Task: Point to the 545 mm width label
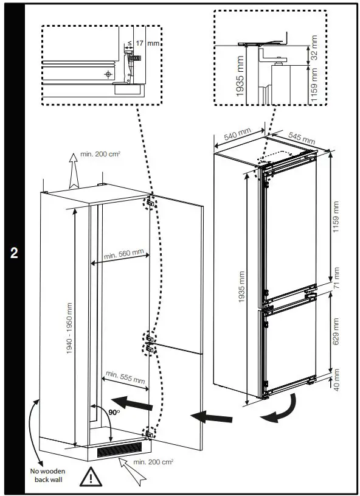pyautogui.click(x=300, y=138)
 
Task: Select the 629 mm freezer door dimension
pyautogui.click(x=336, y=332)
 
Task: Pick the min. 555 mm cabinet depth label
pyautogui.click(x=125, y=377)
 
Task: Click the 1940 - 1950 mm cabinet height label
pyautogui.click(x=70, y=329)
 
